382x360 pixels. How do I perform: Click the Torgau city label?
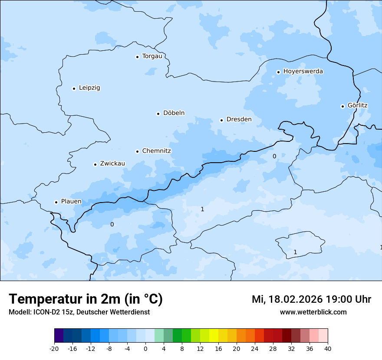pos(152,56)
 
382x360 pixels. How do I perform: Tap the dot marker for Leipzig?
pos(74,88)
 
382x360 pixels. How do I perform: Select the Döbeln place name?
pos(174,113)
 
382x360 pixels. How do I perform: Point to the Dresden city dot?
pos(221,120)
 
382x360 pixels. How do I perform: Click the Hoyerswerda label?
pos(303,72)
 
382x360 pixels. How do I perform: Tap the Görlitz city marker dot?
pos(342,106)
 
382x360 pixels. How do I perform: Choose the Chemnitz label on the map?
pos(156,151)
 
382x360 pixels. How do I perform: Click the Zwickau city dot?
pos(95,164)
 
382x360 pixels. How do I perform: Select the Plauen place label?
pos(71,202)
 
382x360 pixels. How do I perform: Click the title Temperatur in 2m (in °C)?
pos(86,299)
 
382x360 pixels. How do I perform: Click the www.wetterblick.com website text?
pos(313,312)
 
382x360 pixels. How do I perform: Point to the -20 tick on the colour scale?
pos(54,349)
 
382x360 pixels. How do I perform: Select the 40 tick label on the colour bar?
pos(328,349)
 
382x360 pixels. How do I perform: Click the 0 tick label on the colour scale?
pos(145,349)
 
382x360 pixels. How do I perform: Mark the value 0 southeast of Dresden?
pos(274,157)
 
